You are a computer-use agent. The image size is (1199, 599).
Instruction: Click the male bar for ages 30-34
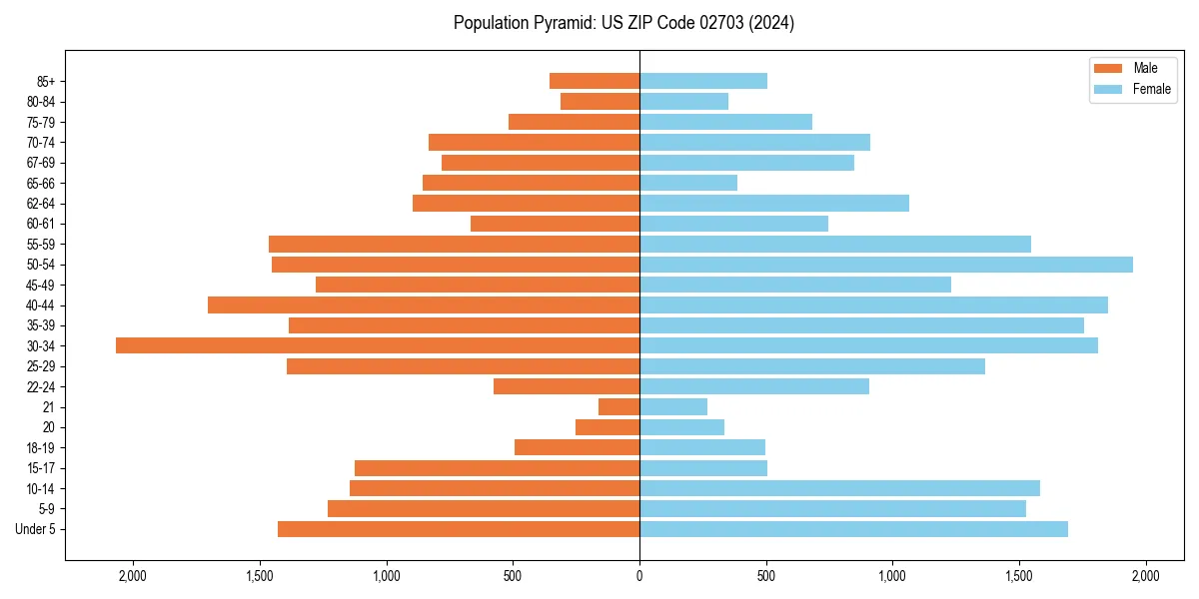[x=378, y=345]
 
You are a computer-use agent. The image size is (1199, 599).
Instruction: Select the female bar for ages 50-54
[x=886, y=265]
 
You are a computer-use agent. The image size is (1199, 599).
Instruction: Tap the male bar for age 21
[x=618, y=407]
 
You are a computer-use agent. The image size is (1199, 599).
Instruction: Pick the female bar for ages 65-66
[x=688, y=183]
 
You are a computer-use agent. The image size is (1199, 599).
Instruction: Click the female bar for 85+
[x=703, y=81]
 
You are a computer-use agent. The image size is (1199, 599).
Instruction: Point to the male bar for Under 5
[x=459, y=529]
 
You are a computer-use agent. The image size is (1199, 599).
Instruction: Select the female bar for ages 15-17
[x=703, y=468]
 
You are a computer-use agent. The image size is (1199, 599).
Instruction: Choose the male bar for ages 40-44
[x=424, y=305]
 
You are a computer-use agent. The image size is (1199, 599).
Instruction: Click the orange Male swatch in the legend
[x=1108, y=68]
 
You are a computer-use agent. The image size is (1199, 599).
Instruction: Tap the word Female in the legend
[x=1152, y=89]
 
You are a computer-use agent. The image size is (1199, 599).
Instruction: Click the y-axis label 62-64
[x=41, y=204]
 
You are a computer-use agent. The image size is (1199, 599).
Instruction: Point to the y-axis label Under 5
[x=36, y=529]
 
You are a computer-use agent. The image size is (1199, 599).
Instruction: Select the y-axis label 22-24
[x=41, y=387]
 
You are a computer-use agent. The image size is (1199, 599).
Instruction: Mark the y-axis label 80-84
[x=41, y=102]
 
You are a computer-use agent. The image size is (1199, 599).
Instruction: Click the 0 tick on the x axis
[x=639, y=575]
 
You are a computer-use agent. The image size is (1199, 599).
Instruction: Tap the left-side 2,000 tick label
[x=133, y=575]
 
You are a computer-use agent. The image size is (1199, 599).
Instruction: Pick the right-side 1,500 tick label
[x=1019, y=575]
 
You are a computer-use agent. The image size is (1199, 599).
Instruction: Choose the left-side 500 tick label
[x=513, y=575]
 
